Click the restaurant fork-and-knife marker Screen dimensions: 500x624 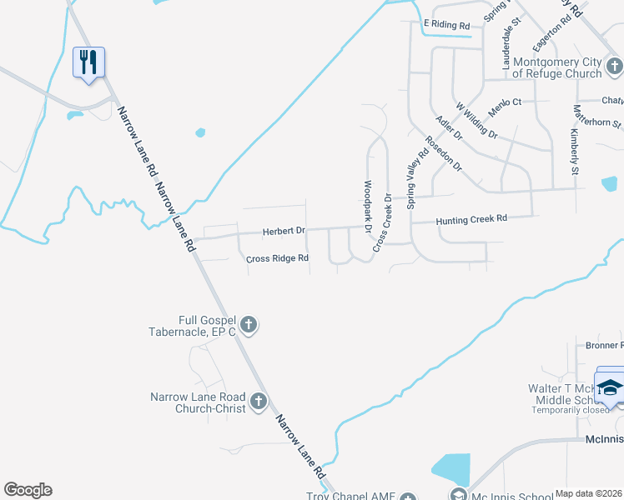pos(88,62)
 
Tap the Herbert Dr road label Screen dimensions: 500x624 pos(284,231)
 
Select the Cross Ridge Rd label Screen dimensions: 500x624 pos(278,258)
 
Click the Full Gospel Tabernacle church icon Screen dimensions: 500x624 pos(248,325)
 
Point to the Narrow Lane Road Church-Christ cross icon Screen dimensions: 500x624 pos(258,402)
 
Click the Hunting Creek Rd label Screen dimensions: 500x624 pos(471,219)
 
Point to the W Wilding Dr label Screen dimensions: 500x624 pos(476,121)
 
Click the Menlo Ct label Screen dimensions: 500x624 pos(505,102)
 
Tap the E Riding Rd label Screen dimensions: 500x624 pos(446,25)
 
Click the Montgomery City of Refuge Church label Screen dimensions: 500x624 pos(557,67)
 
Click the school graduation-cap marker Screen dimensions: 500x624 pos(610,388)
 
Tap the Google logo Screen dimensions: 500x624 pos(28,490)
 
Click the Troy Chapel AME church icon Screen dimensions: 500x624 pos(407,498)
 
